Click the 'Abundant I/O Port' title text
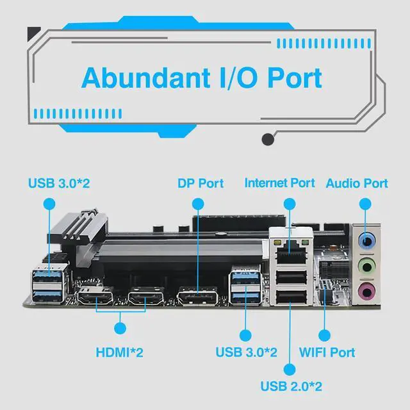coord(202,78)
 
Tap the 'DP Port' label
coord(201,183)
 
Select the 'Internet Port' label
coord(280,183)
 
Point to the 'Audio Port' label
coord(357,183)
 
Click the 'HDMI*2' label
coord(119,352)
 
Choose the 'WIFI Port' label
coord(327,352)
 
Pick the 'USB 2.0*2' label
coord(291,386)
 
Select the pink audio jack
coord(366,291)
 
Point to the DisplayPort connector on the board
coord(197,297)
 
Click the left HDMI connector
coord(95,297)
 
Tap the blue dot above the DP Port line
coord(197,204)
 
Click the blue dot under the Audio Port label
coord(365,204)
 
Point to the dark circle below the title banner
coord(269,140)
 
